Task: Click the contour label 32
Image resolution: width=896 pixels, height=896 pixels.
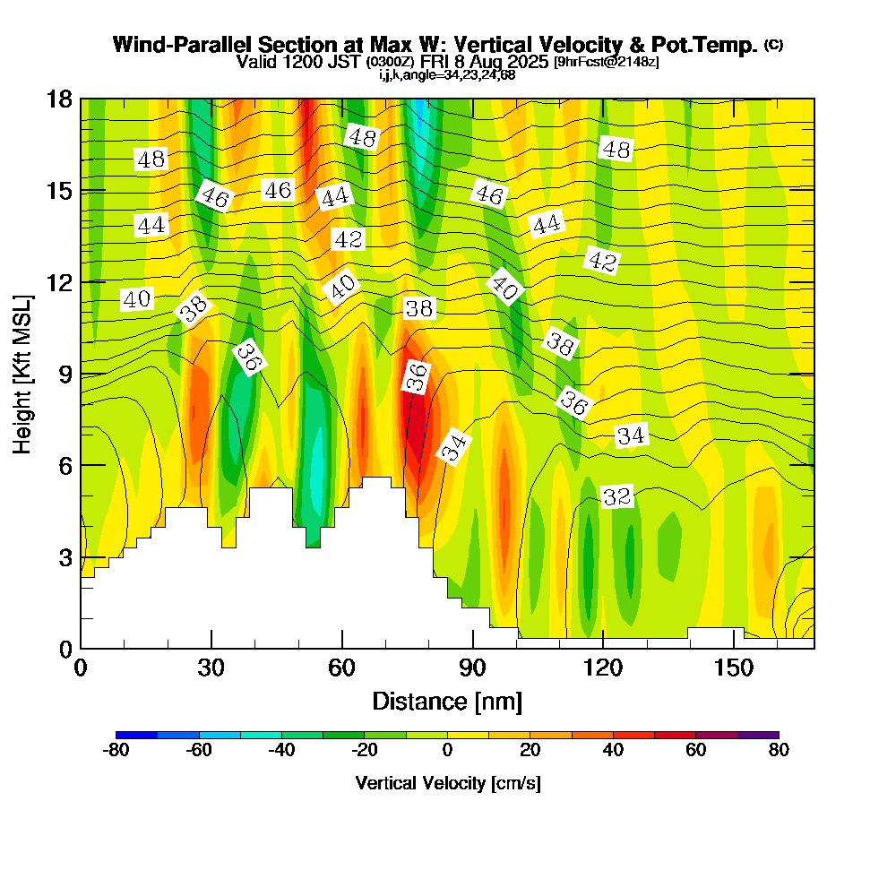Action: (617, 496)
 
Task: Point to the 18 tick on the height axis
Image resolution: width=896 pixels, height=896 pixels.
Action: (60, 99)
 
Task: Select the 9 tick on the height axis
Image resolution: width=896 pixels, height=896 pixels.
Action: (60, 374)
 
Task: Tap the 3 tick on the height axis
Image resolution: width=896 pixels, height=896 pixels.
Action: (60, 557)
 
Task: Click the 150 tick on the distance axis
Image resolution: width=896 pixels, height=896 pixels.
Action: (733, 668)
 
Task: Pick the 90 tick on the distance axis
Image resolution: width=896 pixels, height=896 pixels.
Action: (472, 668)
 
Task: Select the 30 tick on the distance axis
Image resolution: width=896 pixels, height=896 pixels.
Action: (211, 668)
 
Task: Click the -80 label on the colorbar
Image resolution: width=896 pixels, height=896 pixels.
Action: (116, 751)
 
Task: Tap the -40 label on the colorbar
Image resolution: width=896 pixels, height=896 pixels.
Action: (281, 751)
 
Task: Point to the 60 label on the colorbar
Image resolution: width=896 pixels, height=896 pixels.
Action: (696, 751)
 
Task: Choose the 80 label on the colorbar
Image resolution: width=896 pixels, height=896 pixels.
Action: (779, 751)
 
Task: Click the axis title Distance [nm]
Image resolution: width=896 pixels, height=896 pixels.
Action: (447, 701)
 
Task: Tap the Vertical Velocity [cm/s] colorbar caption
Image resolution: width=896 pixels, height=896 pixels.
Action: (447, 783)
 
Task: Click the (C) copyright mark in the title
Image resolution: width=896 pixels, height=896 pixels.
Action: (773, 44)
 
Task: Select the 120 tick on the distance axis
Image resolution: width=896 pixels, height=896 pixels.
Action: (603, 668)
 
